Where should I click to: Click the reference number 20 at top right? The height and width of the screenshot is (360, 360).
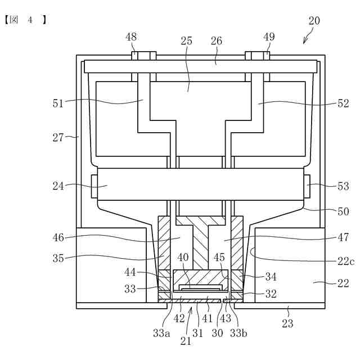tap(314, 21)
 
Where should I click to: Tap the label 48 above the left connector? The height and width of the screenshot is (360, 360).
tap(131, 37)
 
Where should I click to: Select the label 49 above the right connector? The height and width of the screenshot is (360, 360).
tap(269, 37)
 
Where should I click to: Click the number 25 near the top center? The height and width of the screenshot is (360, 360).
tap(186, 41)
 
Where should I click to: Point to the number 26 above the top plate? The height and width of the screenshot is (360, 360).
tap(217, 41)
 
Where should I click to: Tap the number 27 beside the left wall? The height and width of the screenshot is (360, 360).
tap(58, 136)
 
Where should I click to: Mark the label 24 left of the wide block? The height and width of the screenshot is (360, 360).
tap(58, 186)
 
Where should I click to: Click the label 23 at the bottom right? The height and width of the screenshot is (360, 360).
tap(287, 324)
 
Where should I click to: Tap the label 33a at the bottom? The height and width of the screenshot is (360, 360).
tap(161, 333)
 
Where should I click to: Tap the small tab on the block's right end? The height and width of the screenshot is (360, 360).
tap(309, 186)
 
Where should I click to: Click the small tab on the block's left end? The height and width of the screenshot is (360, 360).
tap(94, 186)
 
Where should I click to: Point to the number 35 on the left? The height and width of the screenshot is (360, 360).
tap(58, 259)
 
